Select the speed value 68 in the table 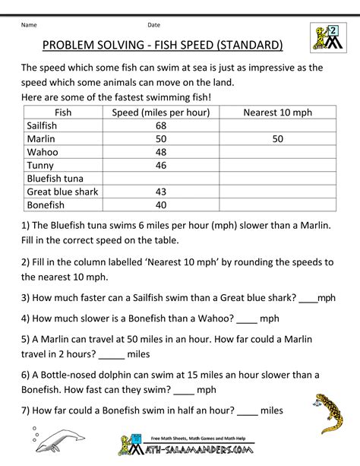[x=160, y=125]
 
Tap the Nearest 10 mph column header [x=277, y=113]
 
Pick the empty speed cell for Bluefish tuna [x=160, y=178]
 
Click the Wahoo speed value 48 [x=160, y=151]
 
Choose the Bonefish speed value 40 [x=160, y=204]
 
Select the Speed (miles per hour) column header [x=160, y=113]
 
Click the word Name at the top [x=30, y=25]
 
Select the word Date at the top [x=154, y=25]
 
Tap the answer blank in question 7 [x=248, y=411]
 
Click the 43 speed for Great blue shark [x=160, y=191]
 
